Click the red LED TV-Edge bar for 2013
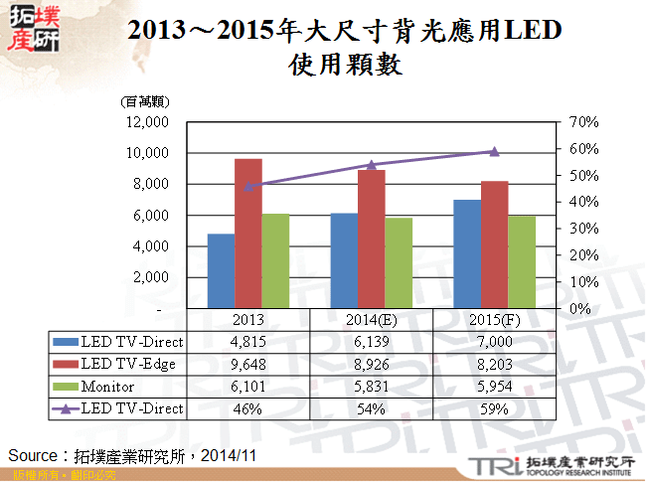click(x=248, y=233)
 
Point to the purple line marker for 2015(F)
click(x=494, y=151)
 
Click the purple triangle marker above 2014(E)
click(x=372, y=165)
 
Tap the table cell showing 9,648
click(x=247, y=364)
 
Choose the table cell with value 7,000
click(x=494, y=342)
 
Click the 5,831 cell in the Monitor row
click(x=372, y=386)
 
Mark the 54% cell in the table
click(x=372, y=407)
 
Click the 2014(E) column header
click(x=372, y=320)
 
